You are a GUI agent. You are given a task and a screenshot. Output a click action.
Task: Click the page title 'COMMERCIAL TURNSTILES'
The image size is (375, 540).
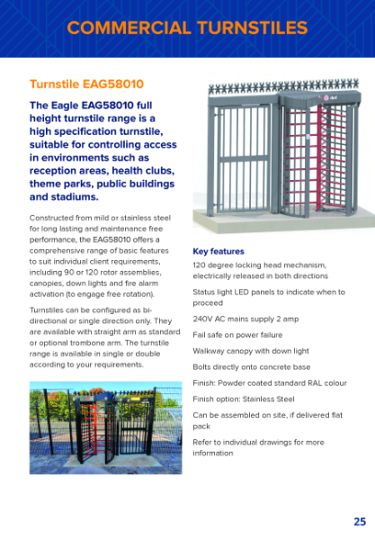tap(187, 28)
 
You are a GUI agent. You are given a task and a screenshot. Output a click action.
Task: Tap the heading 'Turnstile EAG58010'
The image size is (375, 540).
tap(86, 85)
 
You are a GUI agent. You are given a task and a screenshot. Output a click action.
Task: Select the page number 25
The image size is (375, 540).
tap(359, 521)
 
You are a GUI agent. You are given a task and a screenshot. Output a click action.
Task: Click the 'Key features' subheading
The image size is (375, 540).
tap(219, 251)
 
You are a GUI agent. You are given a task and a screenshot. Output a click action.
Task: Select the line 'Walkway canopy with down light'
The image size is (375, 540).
tap(250, 351)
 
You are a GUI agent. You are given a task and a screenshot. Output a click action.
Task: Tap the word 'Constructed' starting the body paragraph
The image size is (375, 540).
tap(51, 218)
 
